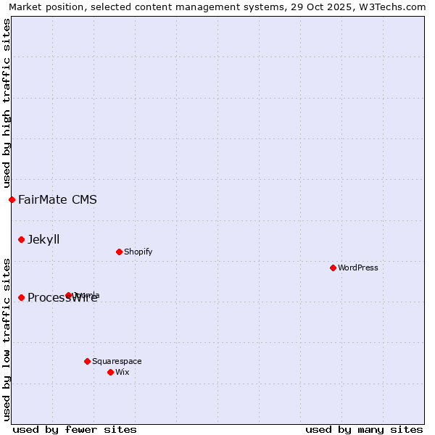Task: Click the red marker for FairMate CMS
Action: [12, 199]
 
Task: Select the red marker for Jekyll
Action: [21, 239]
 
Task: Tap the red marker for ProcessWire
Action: [21, 297]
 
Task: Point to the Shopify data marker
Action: [119, 252]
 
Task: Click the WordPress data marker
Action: [333, 268]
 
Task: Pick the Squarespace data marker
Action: [87, 361]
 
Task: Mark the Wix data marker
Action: [110, 372]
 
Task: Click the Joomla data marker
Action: [69, 295]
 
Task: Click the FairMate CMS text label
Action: [57, 199]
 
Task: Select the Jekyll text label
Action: [43, 239]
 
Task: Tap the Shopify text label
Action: [138, 252]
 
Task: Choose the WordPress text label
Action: [358, 268]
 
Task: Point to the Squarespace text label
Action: [117, 361]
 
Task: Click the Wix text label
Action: [123, 372]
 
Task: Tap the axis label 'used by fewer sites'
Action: [75, 429]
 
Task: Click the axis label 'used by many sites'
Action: [364, 429]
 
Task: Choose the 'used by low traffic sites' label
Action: [7, 339]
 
